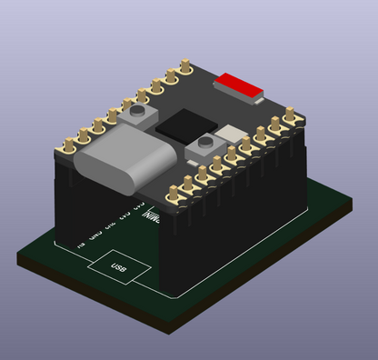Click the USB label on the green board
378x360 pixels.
pos(118,267)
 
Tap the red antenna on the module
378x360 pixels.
pos(237,86)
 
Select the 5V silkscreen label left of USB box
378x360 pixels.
pos(81,245)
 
